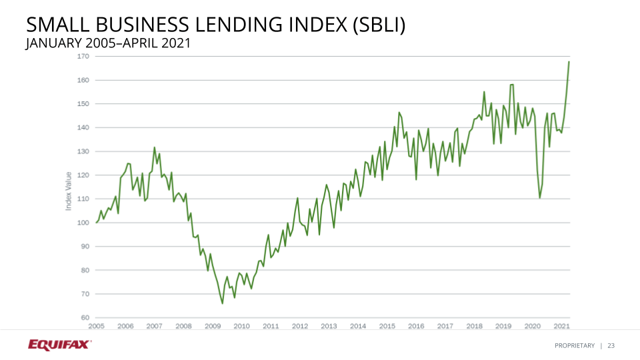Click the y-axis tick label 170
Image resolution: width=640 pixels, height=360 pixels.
[83, 56]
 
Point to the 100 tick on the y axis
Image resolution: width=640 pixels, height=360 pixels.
[83, 223]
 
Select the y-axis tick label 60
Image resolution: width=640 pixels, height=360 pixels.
[85, 317]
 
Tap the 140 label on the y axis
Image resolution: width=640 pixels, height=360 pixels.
[83, 127]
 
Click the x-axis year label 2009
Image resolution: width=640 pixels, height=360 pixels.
[213, 326]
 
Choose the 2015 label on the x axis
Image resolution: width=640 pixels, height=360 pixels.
[387, 326]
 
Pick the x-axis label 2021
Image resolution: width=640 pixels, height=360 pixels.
[561, 326]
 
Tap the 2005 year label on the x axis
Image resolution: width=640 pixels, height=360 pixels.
[96, 326]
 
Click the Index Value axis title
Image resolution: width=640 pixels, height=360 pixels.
[69, 191]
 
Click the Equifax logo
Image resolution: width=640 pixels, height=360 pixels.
[59, 345]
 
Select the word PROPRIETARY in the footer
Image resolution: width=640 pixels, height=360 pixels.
[574, 345]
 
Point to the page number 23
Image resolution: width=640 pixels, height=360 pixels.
[611, 345]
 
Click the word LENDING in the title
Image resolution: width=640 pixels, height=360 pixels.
[229, 25]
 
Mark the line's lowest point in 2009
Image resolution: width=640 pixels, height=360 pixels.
[223, 303]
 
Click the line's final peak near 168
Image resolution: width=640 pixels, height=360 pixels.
[569, 61]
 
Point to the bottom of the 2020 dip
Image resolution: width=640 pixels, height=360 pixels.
[540, 197]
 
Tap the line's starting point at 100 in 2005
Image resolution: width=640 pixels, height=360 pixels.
[97, 223]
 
